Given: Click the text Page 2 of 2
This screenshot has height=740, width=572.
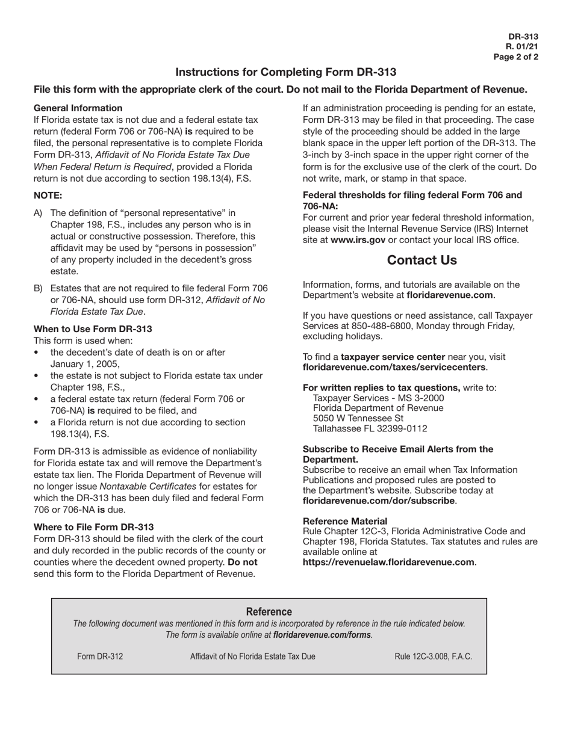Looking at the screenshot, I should pyautogui.click(x=515, y=57).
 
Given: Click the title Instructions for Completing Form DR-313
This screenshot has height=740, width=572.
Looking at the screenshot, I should pyautogui.click(x=285, y=72).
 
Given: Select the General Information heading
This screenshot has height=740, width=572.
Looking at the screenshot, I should pyautogui.click(x=78, y=108).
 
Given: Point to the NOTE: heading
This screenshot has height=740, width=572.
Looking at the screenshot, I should pyautogui.click(x=48, y=196).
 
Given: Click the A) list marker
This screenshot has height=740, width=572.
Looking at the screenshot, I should pyautogui.click(x=39, y=213).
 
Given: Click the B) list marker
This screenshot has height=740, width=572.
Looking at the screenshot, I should pyautogui.click(x=39, y=289).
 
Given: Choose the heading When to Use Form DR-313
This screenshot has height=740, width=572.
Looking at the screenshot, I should pyautogui.click(x=93, y=329).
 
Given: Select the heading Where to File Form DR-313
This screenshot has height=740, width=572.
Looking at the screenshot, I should pyautogui.click(x=93, y=527).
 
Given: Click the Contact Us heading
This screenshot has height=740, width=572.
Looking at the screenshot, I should pyautogui.click(x=421, y=261).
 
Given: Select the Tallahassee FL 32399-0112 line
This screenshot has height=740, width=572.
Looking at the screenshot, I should pyautogui.click(x=370, y=429).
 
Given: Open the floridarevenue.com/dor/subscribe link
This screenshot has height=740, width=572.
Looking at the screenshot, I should pyautogui.click(x=379, y=501).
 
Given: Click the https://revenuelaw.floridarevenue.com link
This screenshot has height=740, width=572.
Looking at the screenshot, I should pyautogui.click(x=388, y=562).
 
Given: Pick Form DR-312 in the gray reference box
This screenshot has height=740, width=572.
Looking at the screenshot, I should pyautogui.click(x=100, y=656).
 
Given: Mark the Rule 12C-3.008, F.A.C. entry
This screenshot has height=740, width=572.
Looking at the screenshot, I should pyautogui.click(x=433, y=656).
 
